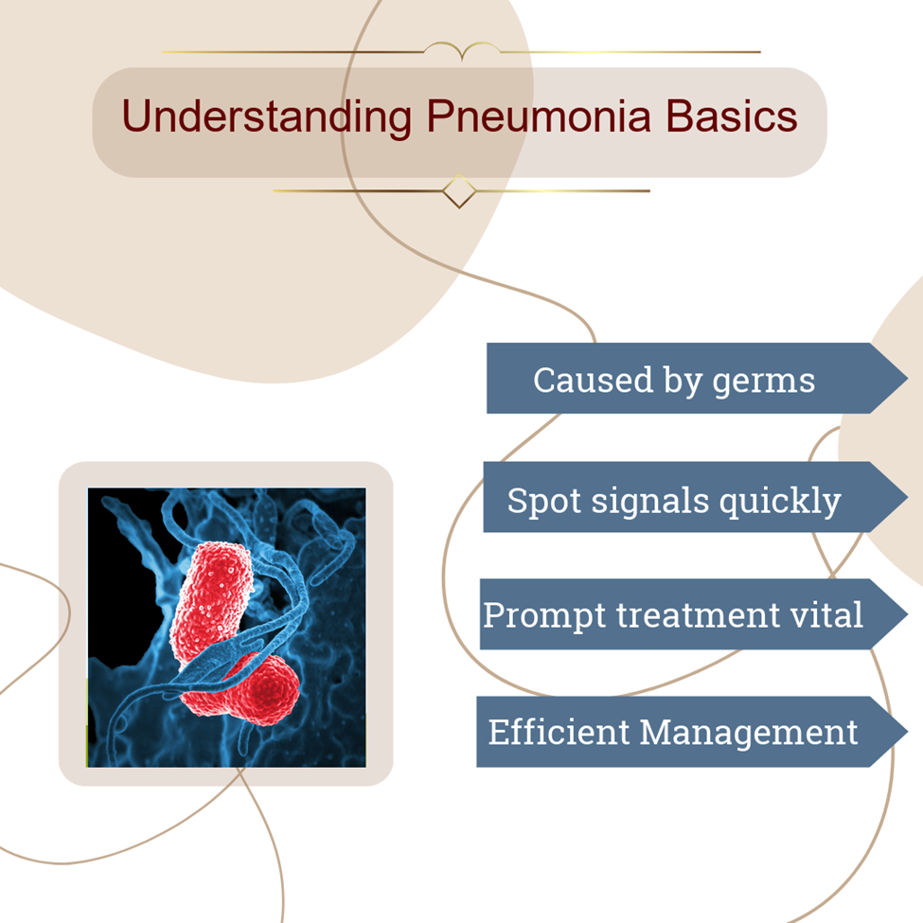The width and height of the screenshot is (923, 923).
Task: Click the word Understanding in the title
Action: pyautogui.click(x=267, y=116)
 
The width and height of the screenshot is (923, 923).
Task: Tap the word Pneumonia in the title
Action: pyautogui.click(x=540, y=116)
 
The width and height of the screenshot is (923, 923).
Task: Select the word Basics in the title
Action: pyautogui.click(x=732, y=115)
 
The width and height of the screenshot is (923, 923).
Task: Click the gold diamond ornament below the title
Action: pyautogui.click(x=459, y=191)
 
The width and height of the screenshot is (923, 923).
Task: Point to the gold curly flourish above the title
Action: pyautogui.click(x=462, y=50)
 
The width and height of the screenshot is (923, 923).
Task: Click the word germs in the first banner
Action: pyautogui.click(x=763, y=382)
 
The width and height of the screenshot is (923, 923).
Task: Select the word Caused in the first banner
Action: pyautogui.click(x=594, y=380)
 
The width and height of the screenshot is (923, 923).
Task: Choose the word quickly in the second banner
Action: pyautogui.click(x=780, y=502)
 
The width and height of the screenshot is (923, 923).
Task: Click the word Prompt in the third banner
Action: pyautogui.click(x=544, y=615)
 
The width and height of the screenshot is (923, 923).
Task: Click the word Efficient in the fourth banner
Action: pyautogui.click(x=559, y=732)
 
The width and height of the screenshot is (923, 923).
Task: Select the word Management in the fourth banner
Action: pyautogui.click(x=749, y=734)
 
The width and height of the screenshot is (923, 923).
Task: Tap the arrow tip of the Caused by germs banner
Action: pyautogui.click(x=907, y=378)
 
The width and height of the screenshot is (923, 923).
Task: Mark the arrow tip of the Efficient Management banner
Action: pyautogui.click(x=907, y=732)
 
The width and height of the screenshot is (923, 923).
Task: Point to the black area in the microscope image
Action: pyautogui.click(x=120, y=595)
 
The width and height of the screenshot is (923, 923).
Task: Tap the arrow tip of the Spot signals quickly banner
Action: pyautogui.click(x=907, y=497)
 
